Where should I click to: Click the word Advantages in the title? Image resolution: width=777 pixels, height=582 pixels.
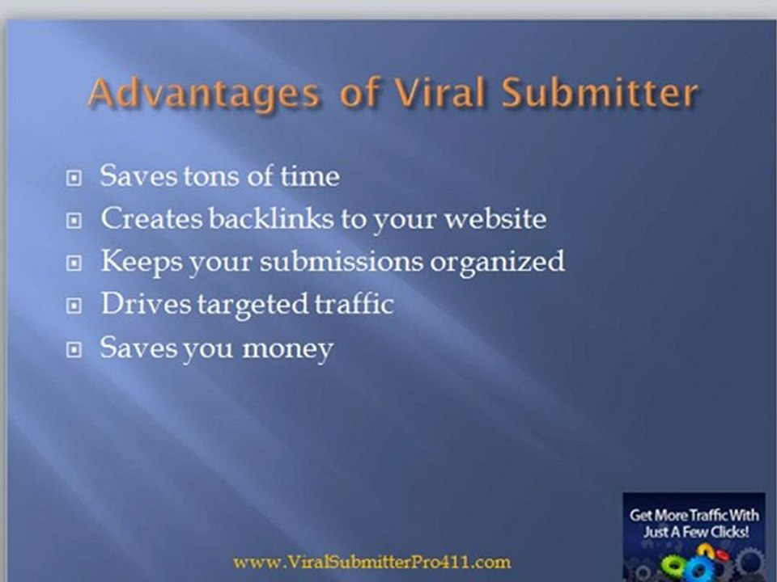tap(203, 94)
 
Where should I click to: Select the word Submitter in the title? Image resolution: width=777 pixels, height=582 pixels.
tap(600, 94)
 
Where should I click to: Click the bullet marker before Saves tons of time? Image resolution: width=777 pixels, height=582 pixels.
tap(74, 178)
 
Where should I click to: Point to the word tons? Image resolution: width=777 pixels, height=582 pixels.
tap(210, 175)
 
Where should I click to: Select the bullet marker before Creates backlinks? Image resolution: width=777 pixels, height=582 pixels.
tap(74, 221)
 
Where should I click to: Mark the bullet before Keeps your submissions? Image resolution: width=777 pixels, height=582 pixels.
tap(74, 264)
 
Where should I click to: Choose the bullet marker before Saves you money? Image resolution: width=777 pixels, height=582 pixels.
tap(74, 350)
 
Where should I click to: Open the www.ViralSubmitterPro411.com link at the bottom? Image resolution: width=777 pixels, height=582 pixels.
tap(372, 562)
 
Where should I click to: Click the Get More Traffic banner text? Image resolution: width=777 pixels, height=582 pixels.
tap(694, 524)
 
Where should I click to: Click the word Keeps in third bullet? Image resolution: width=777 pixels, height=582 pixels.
tap(131, 261)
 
